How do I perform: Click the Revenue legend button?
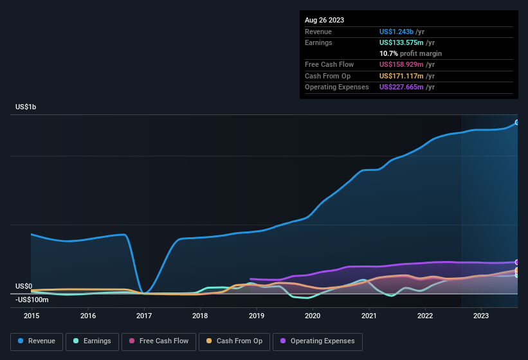[x=37, y=341]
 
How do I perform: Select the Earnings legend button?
[x=92, y=341]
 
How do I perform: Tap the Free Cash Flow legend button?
[x=159, y=341]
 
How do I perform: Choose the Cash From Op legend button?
[x=234, y=341]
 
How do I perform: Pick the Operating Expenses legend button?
[x=318, y=341]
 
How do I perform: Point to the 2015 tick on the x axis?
[x=32, y=316]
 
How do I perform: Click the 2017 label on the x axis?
[x=144, y=316]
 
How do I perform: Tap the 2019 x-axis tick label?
[x=257, y=316]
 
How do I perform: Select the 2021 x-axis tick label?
[x=369, y=316]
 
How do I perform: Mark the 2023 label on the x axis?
[x=481, y=316]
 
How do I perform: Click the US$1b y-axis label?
[x=26, y=107]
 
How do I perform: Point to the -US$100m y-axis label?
[x=32, y=300]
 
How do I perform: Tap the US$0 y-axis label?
[x=24, y=286]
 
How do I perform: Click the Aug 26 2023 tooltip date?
[x=325, y=20]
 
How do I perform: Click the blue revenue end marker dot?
[x=517, y=122]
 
